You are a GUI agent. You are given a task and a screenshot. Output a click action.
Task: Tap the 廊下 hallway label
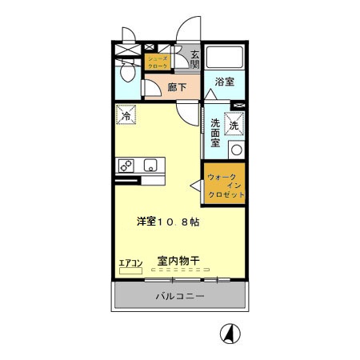click(178, 89)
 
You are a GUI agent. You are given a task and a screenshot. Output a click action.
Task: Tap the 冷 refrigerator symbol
click(126, 116)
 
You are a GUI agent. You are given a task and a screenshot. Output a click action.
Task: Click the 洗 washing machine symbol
click(234, 126)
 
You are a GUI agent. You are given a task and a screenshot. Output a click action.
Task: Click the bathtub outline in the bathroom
click(225, 58)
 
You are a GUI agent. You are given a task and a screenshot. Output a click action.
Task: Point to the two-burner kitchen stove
click(126, 166)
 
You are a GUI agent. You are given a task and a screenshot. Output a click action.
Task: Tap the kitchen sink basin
click(149, 166)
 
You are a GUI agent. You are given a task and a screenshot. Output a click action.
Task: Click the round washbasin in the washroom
click(235, 150)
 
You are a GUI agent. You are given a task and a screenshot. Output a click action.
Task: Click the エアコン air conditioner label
click(130, 262)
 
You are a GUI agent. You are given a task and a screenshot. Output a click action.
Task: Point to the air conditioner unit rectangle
click(129, 271)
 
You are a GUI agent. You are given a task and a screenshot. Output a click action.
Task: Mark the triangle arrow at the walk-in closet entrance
click(194, 186)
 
